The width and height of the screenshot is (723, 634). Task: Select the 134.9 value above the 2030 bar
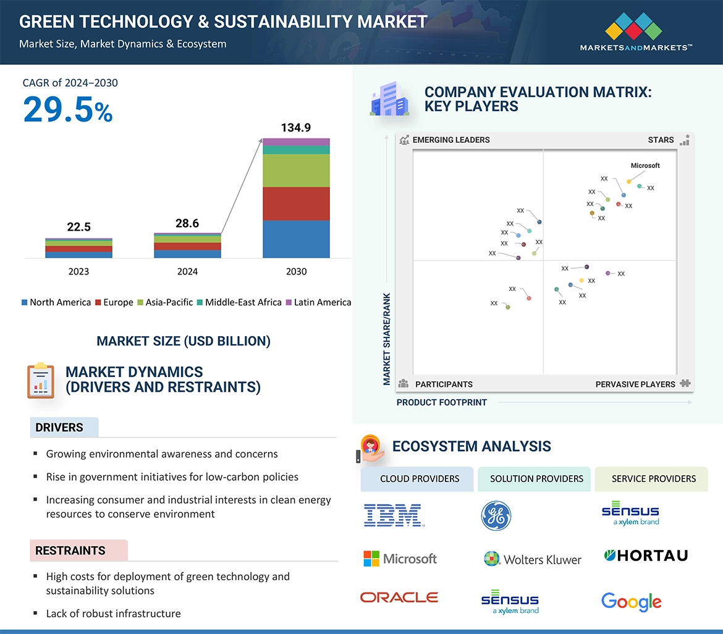coord(296,128)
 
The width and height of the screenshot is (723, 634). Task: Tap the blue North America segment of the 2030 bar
coord(296,239)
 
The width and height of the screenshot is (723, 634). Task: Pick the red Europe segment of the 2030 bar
coord(296,203)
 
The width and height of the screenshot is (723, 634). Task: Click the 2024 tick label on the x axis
coord(187,271)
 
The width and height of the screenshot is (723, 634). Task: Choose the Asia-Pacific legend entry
coord(165,302)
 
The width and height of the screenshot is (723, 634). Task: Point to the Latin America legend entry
coord(318,302)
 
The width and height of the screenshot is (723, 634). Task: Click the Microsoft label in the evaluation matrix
coord(645,166)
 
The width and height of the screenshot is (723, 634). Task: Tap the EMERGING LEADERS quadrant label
coord(450,140)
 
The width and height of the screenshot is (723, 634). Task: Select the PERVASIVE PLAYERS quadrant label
coord(635,384)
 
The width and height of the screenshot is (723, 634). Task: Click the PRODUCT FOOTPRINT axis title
coord(442,402)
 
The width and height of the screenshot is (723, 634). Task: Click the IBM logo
coord(393,515)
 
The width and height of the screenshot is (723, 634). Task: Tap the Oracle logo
coord(399,597)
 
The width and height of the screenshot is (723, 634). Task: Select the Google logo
coord(631,601)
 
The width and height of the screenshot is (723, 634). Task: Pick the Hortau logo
coord(645,556)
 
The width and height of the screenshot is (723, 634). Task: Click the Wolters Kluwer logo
coord(532,559)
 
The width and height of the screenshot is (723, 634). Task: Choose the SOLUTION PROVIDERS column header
coord(536,479)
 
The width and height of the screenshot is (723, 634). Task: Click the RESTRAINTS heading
coord(70,551)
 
